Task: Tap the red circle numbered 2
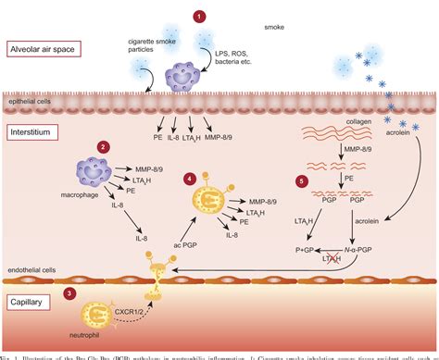[x=105, y=146]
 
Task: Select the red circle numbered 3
[x=70, y=293]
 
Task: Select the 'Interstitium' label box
[x=31, y=132]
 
